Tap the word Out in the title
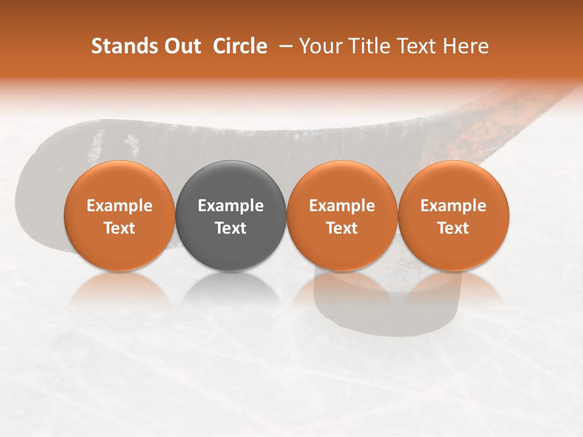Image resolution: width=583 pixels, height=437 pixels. coord(182,46)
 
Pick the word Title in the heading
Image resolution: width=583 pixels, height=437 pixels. coord(367,46)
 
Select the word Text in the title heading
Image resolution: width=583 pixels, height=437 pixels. coord(415,46)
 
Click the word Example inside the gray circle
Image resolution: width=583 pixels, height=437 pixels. coord(231,206)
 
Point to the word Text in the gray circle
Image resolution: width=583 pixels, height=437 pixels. coord(231,228)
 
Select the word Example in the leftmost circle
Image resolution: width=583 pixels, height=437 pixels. coord(119,206)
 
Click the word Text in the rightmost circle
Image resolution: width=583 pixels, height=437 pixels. coord(454,228)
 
